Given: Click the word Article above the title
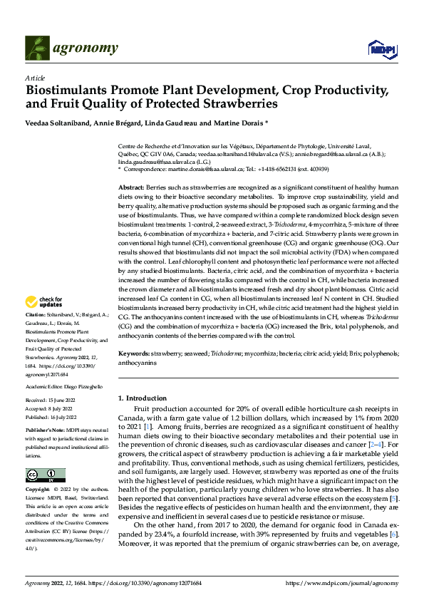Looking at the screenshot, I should (x=35, y=78).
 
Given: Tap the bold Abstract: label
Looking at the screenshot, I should (x=131, y=186).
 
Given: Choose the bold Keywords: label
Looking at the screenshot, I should (x=133, y=353).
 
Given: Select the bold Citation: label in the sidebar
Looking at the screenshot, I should (x=35, y=314).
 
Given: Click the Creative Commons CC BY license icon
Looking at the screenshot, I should (x=45, y=475).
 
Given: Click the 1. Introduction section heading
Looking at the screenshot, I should (x=143, y=398).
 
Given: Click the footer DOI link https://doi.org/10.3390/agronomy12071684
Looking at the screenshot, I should (x=143, y=583).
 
